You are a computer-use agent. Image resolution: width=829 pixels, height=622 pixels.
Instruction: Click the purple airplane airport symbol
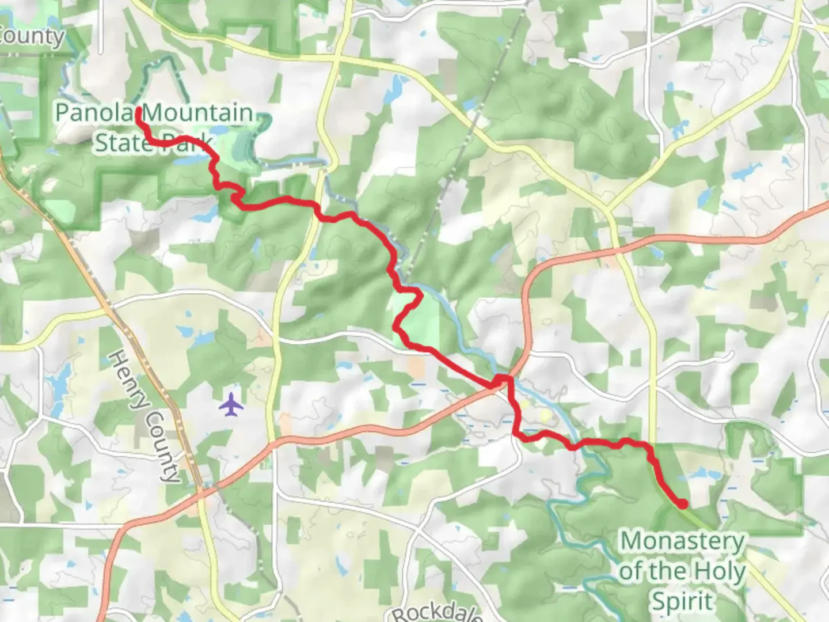pyautogui.click(x=231, y=404)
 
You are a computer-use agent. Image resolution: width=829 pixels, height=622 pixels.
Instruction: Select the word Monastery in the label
pyautogui.click(x=682, y=541)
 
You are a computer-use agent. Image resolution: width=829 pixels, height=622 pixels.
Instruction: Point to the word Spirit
pyautogui.click(x=682, y=601)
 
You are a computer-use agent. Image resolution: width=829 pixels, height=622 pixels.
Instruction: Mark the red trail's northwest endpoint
pyautogui.click(x=139, y=109)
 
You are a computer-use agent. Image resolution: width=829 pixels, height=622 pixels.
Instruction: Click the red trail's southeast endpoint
pyautogui.click(x=683, y=505)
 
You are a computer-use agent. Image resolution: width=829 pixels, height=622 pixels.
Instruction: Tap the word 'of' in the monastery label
pyautogui.click(x=632, y=571)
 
